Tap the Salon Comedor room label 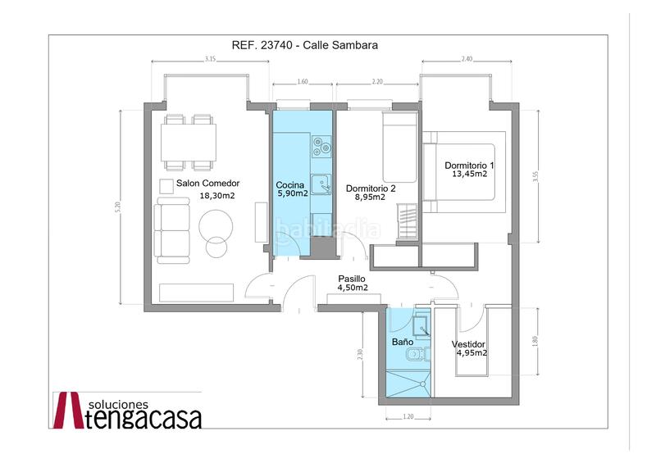[x=202, y=184]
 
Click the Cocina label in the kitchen [x=291, y=184]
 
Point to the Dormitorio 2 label [x=371, y=187]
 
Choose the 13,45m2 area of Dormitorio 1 [x=469, y=174]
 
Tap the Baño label [x=402, y=342]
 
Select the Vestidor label [x=469, y=344]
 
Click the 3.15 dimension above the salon [x=211, y=60]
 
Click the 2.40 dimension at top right [x=467, y=60]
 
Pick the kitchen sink [x=323, y=184]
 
